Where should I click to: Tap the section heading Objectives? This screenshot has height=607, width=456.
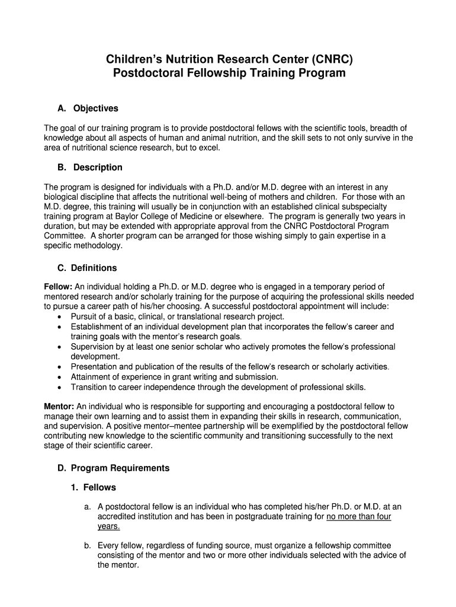pos(95,108)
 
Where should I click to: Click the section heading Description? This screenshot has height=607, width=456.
pos(98,167)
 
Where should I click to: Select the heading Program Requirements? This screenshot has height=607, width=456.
pos(120,468)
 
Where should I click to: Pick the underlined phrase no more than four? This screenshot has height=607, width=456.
pos(359,516)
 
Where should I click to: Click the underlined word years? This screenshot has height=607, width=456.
pos(108,526)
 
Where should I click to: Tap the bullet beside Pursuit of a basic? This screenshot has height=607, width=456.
pos(60,317)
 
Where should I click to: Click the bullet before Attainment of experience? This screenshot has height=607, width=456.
pos(60,377)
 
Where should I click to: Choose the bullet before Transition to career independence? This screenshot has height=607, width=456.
pos(60,387)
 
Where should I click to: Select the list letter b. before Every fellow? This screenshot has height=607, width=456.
pos(88,545)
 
